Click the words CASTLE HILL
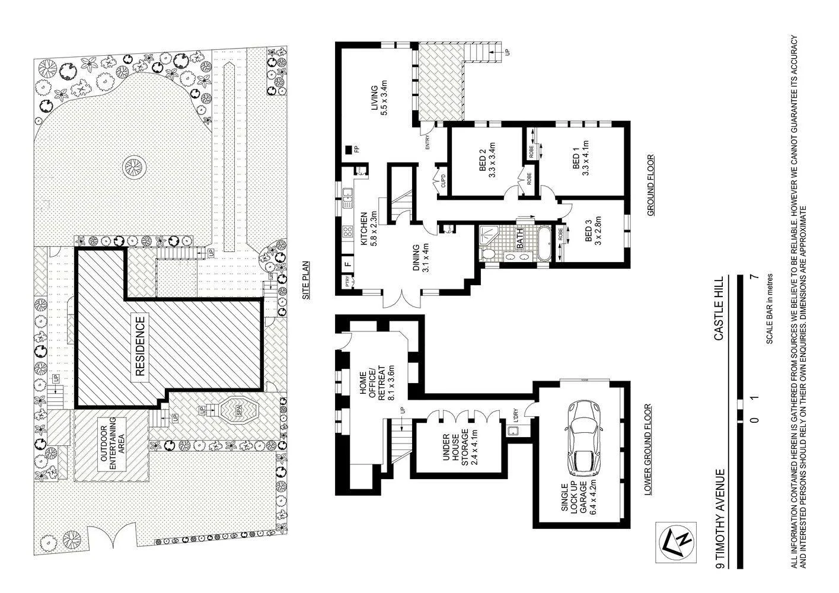point(719,308)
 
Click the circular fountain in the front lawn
point(133,167)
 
